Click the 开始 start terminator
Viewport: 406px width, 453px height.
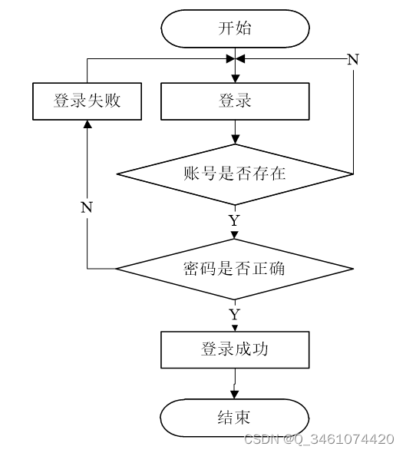coord(235,28)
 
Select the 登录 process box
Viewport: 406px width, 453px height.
coord(235,101)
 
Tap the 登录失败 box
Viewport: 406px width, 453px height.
coord(87,101)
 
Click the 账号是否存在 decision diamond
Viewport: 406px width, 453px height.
coord(235,174)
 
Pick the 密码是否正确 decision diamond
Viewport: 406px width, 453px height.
coord(235,269)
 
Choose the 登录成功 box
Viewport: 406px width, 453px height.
coord(235,349)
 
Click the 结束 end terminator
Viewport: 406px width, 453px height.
coord(235,418)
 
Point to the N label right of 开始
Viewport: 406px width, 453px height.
coord(353,59)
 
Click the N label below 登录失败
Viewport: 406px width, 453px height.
coord(87,207)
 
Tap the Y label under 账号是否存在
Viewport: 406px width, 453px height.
coord(235,220)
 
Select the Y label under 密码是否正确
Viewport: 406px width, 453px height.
coord(235,314)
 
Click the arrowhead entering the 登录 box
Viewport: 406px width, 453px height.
coord(236,78)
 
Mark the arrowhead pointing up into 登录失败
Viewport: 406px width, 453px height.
coord(87,124)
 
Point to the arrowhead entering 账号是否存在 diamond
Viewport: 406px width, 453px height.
coord(236,140)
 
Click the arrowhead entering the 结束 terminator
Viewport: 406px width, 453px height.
coord(235,395)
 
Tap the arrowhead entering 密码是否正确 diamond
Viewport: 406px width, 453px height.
coord(235,235)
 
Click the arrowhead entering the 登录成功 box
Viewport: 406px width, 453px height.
coord(235,328)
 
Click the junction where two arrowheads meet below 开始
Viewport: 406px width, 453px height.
coord(236,59)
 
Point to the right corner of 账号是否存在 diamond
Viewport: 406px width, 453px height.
coord(353,174)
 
